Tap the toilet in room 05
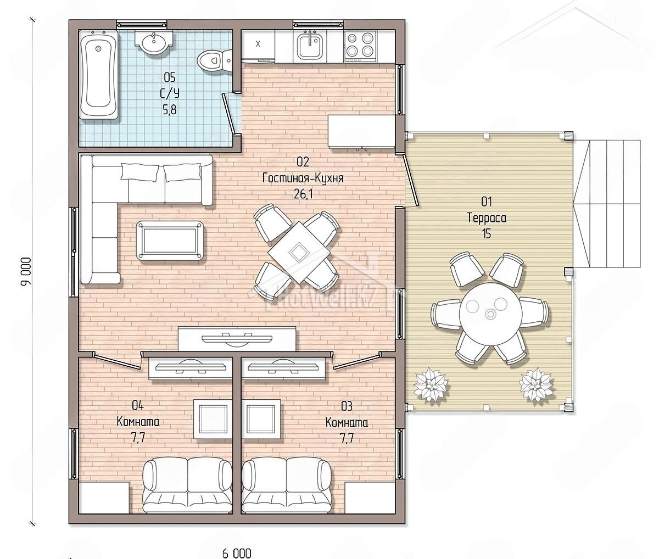tap(214, 60)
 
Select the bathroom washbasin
tap(154, 42)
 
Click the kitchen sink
tap(310, 46)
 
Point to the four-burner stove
tap(360, 47)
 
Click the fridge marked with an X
tap(258, 44)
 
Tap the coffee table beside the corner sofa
tap(170, 241)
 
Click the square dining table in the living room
tap(299, 253)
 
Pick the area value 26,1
tap(303, 194)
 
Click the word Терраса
tap(487, 218)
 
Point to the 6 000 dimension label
tap(237, 554)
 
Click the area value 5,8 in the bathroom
tap(170, 110)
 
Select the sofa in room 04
tap(187, 485)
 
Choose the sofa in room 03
tap(286, 485)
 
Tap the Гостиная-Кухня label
tap(303, 178)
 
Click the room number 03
tap(347, 406)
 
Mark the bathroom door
tap(230, 114)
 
